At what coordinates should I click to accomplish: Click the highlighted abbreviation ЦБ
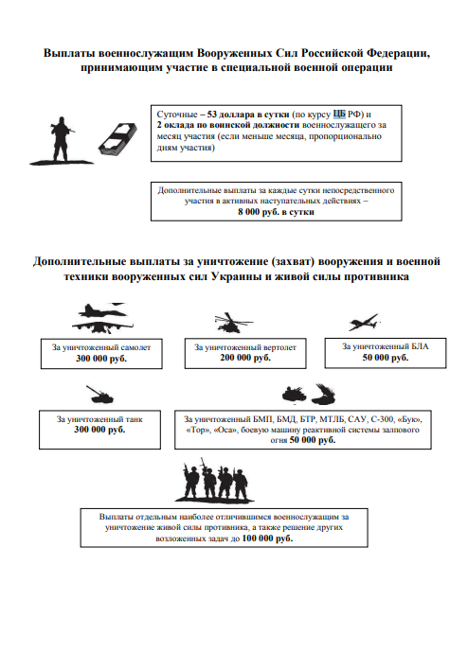[339, 115]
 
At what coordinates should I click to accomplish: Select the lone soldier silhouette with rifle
[62, 141]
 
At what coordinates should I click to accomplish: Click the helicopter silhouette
[233, 323]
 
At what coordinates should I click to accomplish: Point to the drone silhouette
[364, 322]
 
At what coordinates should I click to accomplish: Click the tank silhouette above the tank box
[100, 395]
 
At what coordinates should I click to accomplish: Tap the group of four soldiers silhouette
[215, 481]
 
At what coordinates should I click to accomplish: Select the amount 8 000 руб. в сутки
[276, 212]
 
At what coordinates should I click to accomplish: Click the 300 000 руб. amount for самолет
[101, 359]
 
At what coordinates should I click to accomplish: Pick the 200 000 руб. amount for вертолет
[245, 358]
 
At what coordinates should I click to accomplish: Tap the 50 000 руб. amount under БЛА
[386, 358]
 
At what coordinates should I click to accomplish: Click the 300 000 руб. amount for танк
[99, 430]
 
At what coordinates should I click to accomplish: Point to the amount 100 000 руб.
[267, 538]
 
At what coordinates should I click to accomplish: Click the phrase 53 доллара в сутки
[248, 115]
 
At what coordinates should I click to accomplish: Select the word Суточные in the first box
[177, 115]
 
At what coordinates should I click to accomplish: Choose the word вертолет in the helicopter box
[279, 347]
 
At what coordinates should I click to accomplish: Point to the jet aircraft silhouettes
[102, 318]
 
